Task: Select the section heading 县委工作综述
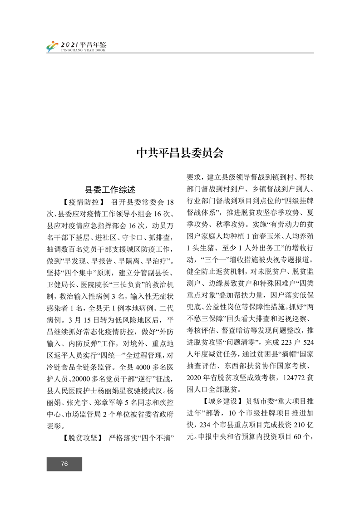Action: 111,189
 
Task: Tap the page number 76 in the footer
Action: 64,464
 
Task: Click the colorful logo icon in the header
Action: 53,46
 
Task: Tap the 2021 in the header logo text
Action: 69,45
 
